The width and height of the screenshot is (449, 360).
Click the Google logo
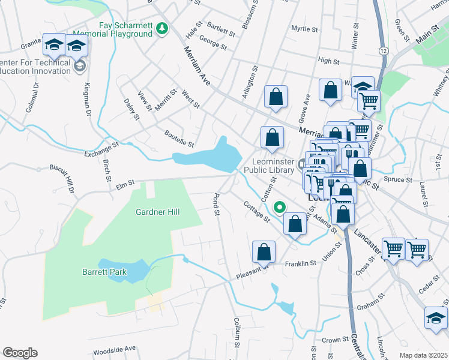click(20, 353)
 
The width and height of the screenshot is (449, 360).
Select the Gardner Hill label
click(157, 212)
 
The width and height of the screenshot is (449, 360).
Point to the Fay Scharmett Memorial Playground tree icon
click(162, 28)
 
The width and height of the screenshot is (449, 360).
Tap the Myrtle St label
click(304, 28)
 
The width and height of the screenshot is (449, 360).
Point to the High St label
click(329, 61)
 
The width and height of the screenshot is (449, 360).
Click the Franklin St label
click(300, 263)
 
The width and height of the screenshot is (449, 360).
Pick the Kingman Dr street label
click(87, 99)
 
